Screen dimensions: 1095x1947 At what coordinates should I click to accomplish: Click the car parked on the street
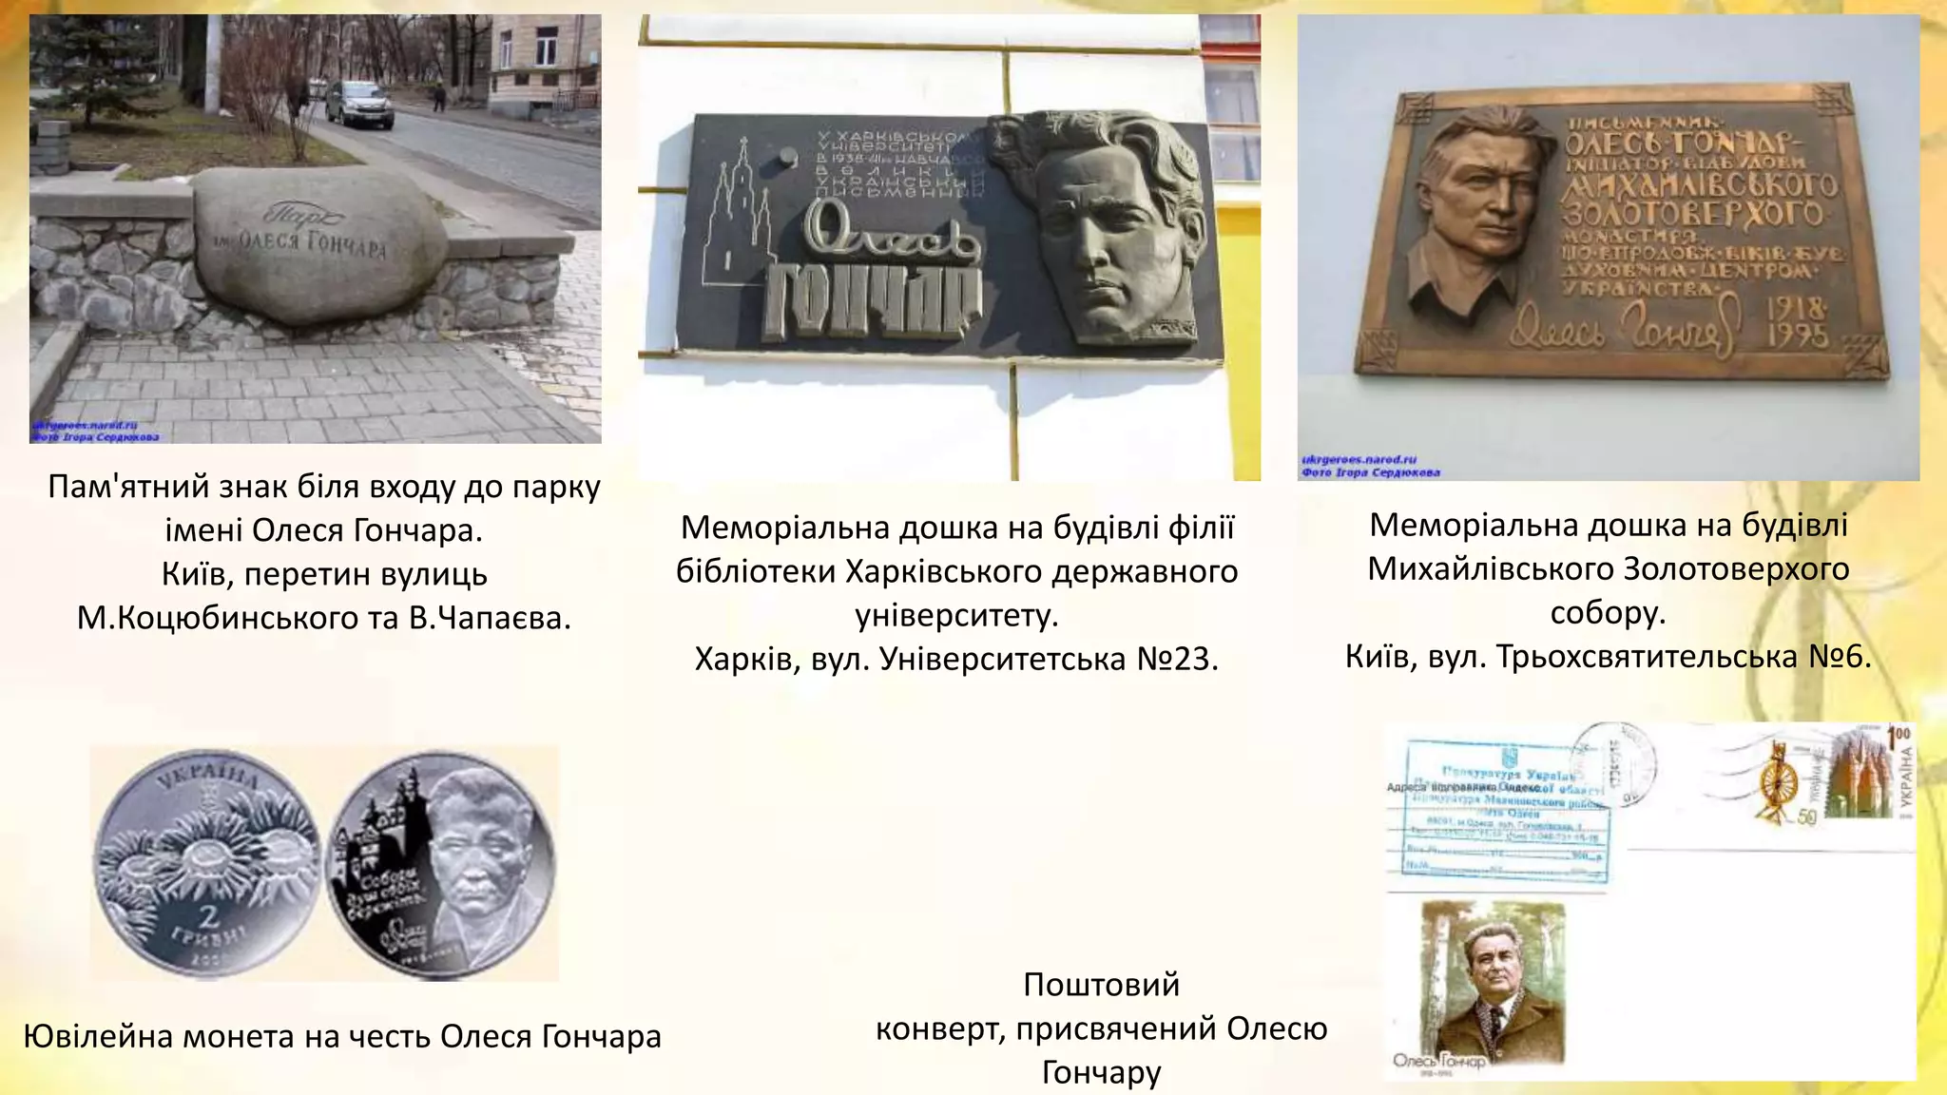pyautogui.click(x=359, y=104)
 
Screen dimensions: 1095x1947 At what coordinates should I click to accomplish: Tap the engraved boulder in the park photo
pyautogui.click(x=318, y=245)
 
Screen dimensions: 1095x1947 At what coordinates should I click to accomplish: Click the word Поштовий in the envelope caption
pyautogui.click(x=1101, y=984)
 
